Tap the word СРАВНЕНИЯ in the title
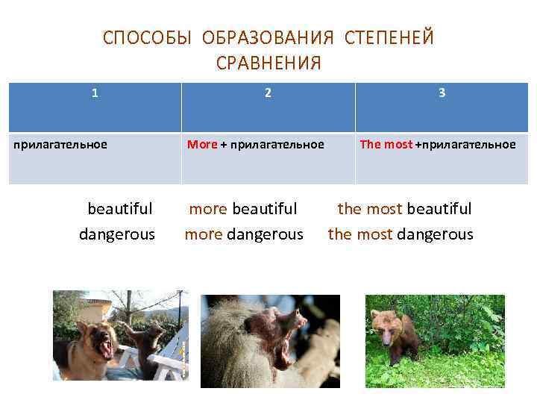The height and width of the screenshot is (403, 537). point(268,63)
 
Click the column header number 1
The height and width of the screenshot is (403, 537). point(94,93)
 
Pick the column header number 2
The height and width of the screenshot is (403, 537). point(268,93)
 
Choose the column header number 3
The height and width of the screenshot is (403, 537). point(442,93)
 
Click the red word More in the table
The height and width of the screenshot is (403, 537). point(201,144)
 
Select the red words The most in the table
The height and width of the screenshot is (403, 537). point(386,144)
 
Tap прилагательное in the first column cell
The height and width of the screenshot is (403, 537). point(60,144)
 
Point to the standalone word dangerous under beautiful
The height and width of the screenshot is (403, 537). point(117,234)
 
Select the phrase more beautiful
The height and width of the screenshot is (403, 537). point(242,208)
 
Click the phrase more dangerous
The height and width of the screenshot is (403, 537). point(244,234)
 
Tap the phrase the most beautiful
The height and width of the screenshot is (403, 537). point(404,208)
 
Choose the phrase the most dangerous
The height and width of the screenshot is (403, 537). point(401,234)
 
